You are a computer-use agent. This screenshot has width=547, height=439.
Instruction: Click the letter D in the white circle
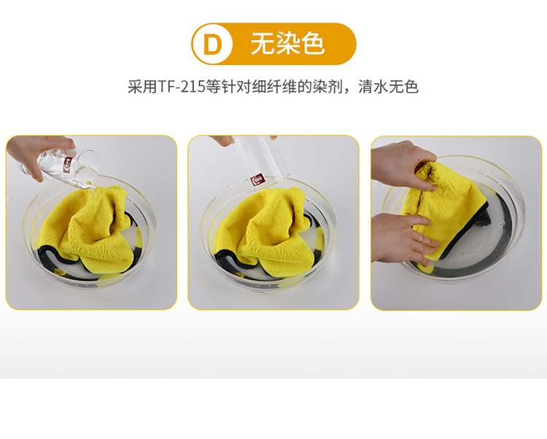[x=212, y=44]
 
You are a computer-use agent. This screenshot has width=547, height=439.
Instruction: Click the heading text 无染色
[x=288, y=44]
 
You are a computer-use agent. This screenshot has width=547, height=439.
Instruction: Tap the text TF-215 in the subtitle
[x=182, y=87]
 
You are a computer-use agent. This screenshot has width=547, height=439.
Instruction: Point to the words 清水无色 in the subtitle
[x=388, y=87]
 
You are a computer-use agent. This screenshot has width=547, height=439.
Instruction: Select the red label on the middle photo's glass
[x=258, y=180]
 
